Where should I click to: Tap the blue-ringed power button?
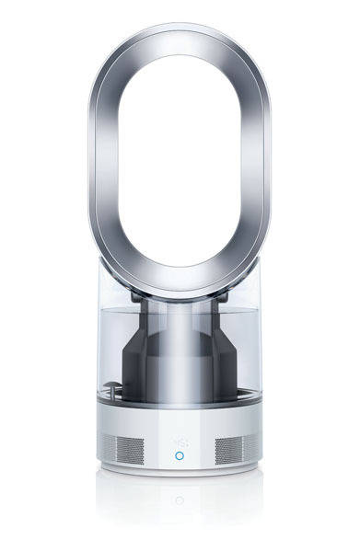pyautogui.click(x=180, y=454)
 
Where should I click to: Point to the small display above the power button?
pyautogui.click(x=180, y=431)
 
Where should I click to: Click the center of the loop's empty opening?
pyautogui.click(x=180, y=156)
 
